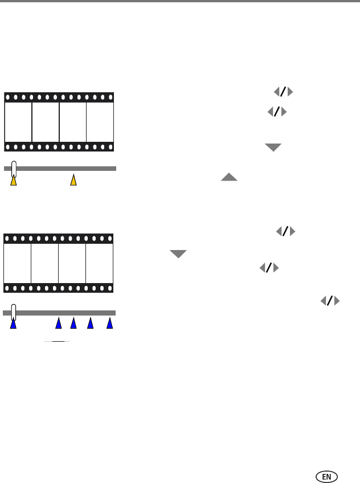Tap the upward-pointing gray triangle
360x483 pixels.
coord(229,177)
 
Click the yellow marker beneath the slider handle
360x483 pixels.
coord(14,181)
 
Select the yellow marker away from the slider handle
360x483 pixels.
coord(73,181)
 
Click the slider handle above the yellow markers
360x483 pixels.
coord(14,168)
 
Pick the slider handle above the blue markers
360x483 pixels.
coord(13,312)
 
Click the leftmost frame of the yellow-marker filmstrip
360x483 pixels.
coord(18,122)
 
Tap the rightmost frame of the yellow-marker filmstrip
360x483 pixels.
coord(100,122)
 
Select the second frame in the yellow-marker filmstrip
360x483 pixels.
coord(46,122)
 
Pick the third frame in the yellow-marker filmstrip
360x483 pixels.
coord(73,122)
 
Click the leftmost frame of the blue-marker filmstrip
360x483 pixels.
coord(18,263)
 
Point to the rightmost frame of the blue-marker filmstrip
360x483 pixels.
coord(99,263)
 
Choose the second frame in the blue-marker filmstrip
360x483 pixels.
coord(45,263)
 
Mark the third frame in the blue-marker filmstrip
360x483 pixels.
coord(72,263)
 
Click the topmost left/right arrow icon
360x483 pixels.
coord(283,92)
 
